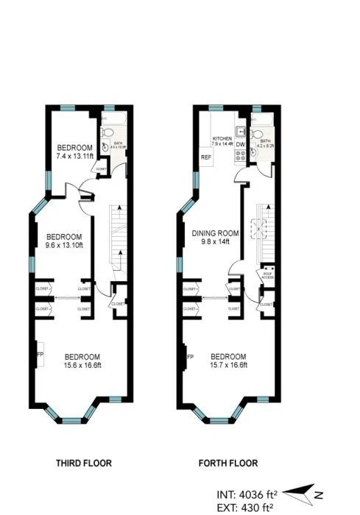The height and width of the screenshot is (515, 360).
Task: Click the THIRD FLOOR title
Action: point(83,464)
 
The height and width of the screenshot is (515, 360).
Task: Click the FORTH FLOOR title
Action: point(228,464)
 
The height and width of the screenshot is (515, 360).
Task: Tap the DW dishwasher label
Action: point(240,145)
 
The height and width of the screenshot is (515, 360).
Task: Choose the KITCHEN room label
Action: point(223,138)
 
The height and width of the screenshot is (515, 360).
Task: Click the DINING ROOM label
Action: point(216,234)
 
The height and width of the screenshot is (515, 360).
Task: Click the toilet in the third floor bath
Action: point(107,132)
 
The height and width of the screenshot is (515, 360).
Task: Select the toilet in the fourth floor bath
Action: point(255,132)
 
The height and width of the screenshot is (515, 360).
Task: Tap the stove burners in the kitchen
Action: point(240,158)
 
